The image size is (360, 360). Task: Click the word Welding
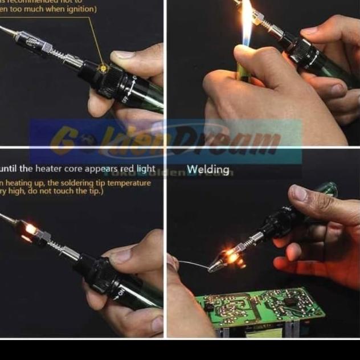pos(208,169)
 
